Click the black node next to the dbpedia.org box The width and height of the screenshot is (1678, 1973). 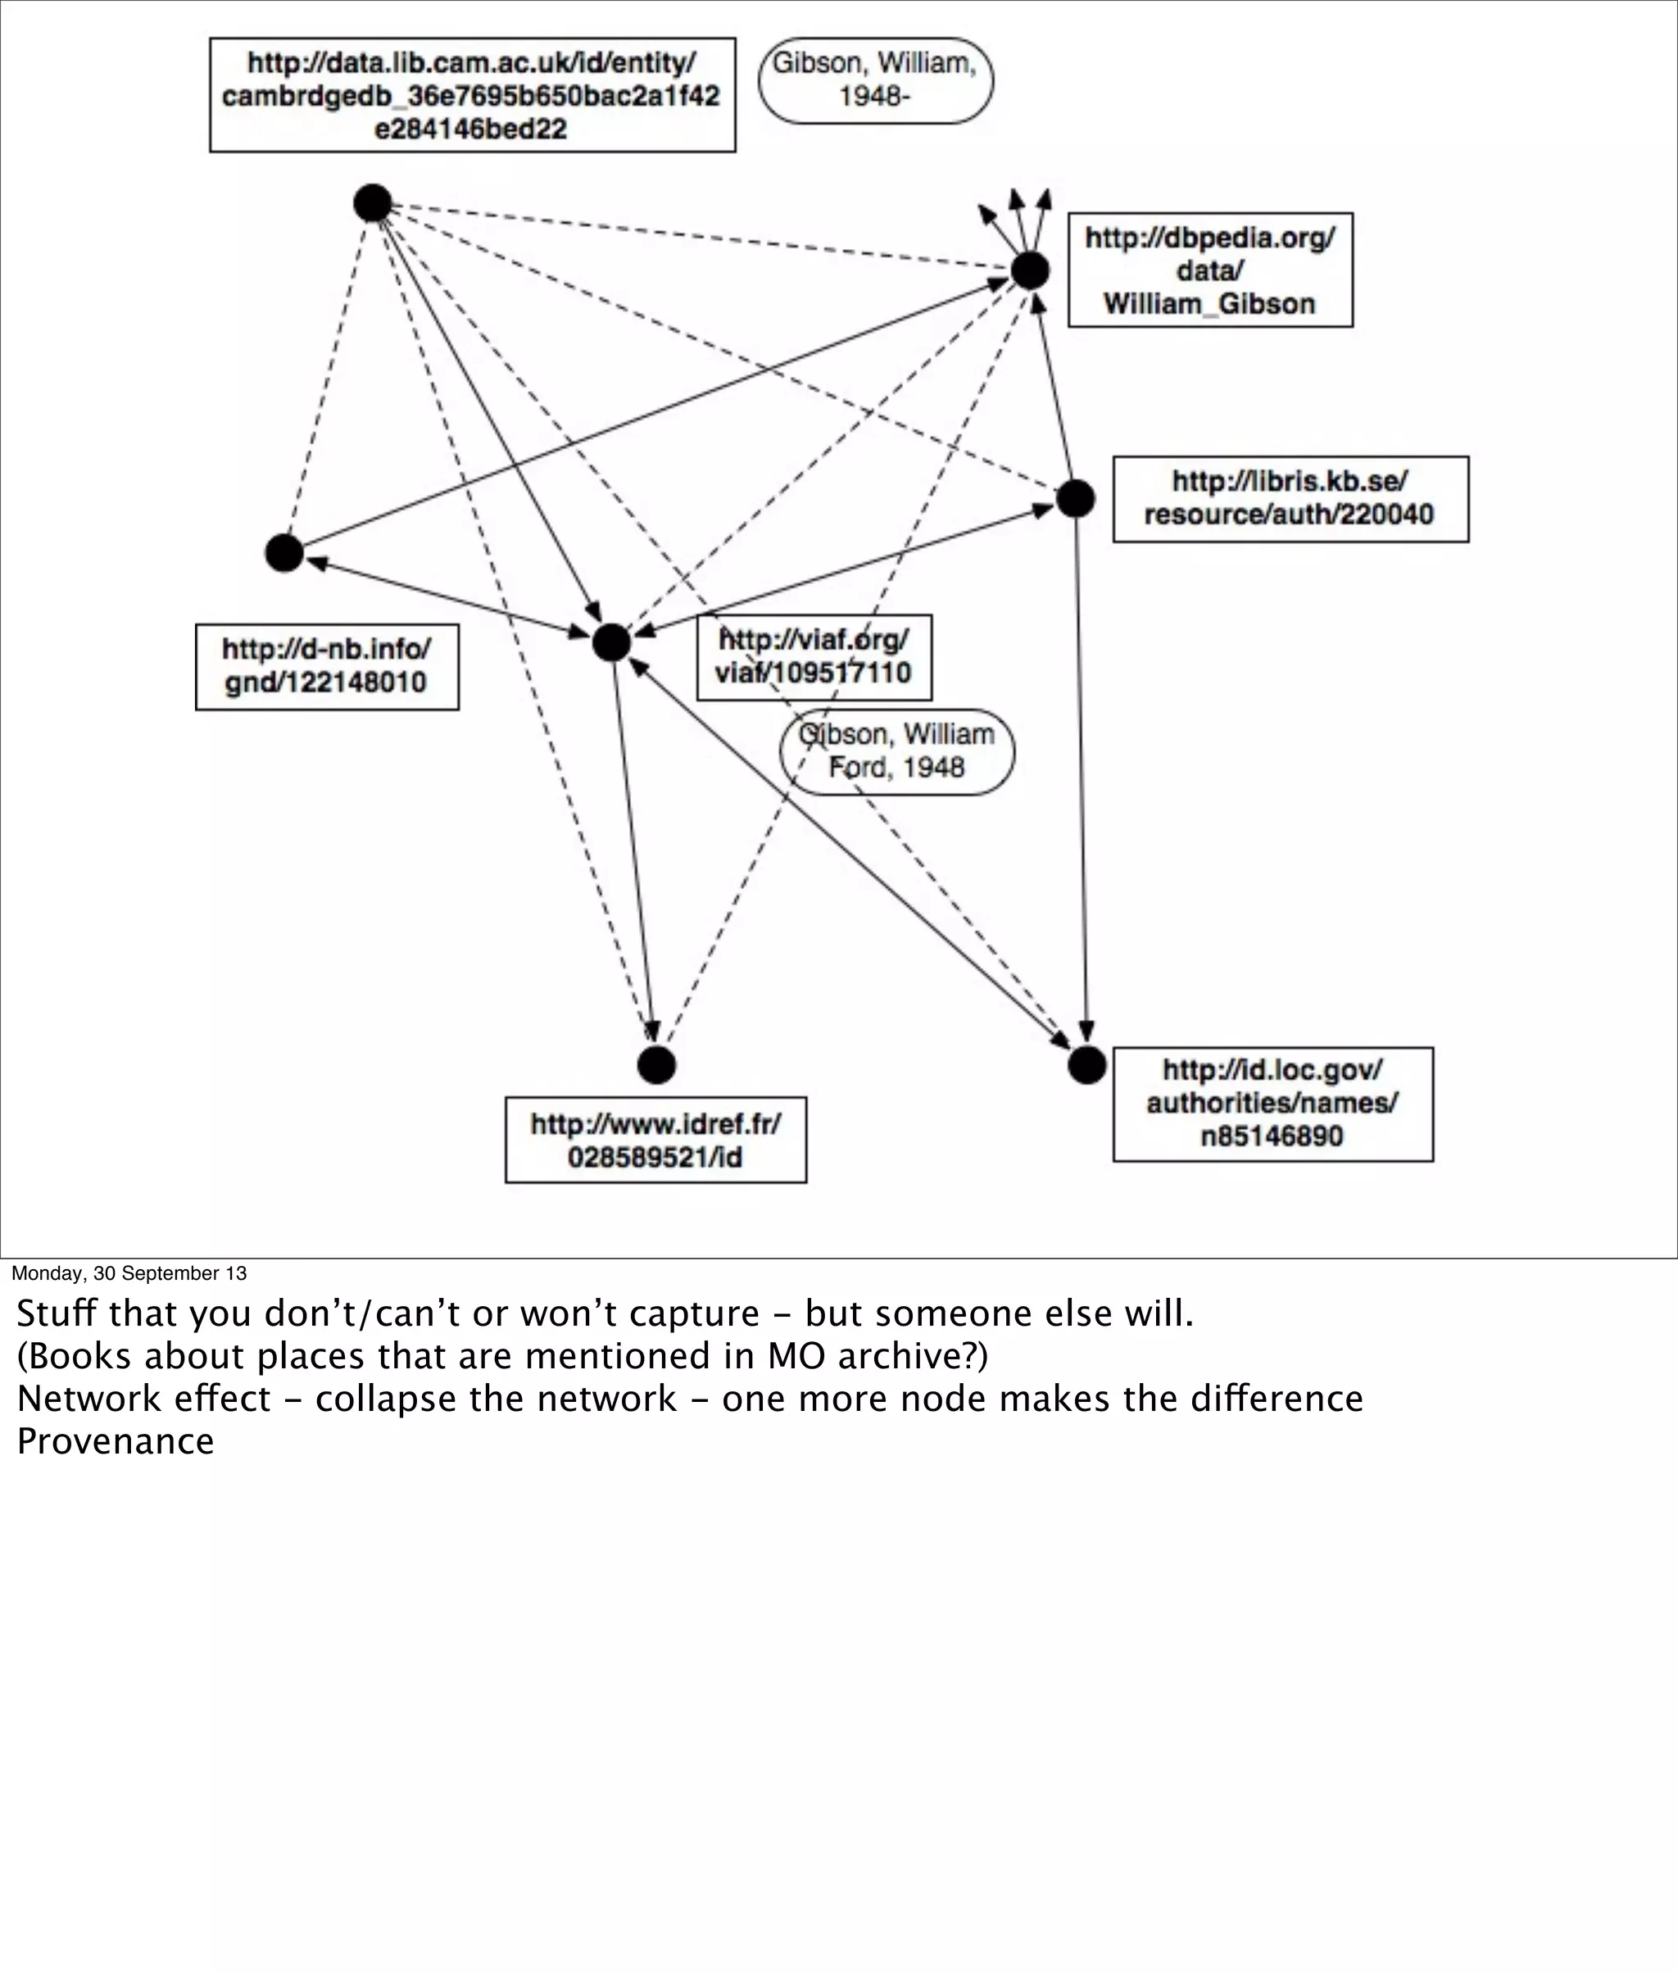[1029, 271]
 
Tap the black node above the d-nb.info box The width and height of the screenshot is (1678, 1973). [283, 553]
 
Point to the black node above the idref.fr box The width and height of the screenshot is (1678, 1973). [656, 1064]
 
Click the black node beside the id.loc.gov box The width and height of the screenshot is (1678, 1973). [1086, 1064]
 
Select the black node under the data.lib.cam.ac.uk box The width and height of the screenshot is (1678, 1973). [373, 202]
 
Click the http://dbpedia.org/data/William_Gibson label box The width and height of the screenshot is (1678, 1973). [1210, 270]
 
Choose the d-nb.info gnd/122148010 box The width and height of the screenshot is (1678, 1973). [326, 667]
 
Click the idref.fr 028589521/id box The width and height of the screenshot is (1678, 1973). [655, 1140]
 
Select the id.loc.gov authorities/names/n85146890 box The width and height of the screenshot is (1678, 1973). [1272, 1104]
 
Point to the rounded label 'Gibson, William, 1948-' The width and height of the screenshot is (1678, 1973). [875, 81]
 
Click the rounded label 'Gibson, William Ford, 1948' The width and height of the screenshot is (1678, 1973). [896, 751]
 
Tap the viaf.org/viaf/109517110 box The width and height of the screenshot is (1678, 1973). [814, 657]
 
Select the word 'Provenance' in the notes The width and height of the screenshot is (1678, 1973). [115, 1441]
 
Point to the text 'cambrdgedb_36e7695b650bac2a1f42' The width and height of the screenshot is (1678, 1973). [471, 96]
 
